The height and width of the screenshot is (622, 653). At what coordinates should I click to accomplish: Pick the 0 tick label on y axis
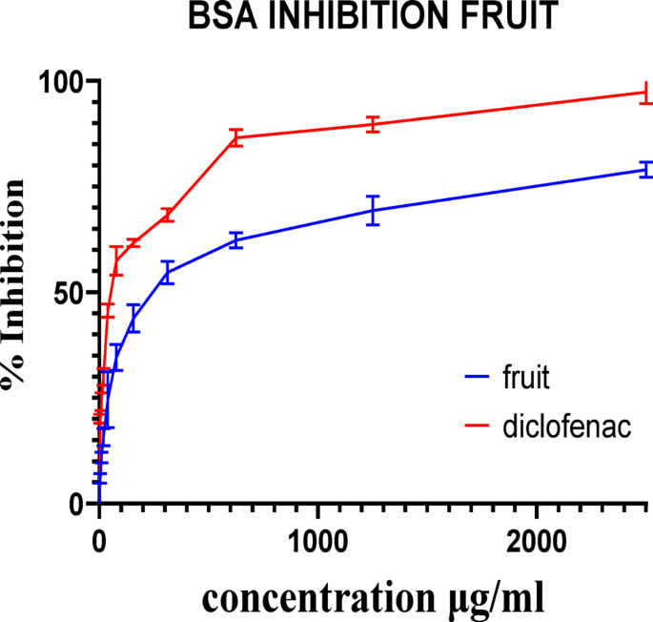pyautogui.click(x=76, y=505)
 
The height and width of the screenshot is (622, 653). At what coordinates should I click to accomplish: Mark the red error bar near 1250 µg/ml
pyautogui.click(x=373, y=124)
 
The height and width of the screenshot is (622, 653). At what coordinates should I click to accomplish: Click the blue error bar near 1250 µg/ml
pyautogui.click(x=373, y=209)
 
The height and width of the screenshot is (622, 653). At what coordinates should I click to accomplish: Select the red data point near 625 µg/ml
pyautogui.click(x=235, y=137)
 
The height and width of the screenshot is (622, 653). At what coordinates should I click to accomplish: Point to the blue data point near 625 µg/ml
pyautogui.click(x=235, y=240)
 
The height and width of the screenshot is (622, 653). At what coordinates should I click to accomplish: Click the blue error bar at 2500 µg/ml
pyautogui.click(x=645, y=170)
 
